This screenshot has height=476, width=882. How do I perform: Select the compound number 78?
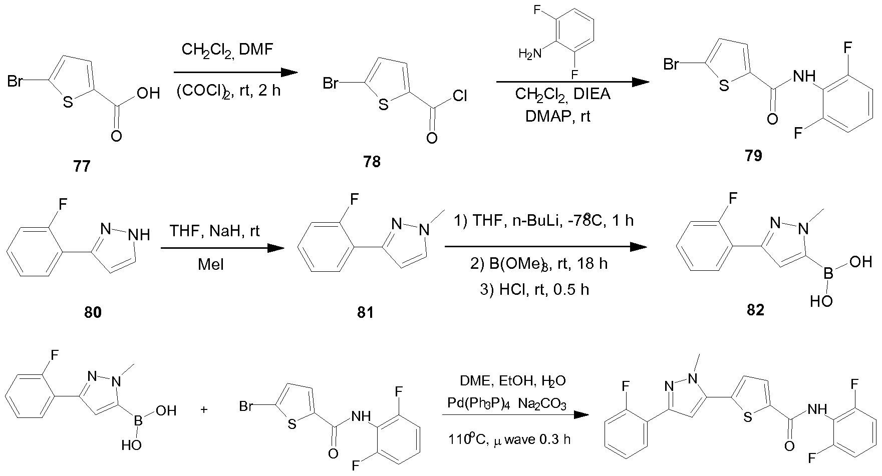pos(372,162)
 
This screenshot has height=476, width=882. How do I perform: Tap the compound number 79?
pos(753,156)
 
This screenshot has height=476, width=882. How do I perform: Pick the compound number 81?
pos(365,313)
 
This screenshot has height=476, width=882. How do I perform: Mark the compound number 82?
pos(755,310)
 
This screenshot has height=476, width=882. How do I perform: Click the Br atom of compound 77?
pos(15,81)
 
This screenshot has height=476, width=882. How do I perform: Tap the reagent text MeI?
pos(211,264)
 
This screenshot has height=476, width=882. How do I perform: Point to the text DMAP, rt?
pos(557,117)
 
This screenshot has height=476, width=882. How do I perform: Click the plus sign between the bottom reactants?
pos(204,409)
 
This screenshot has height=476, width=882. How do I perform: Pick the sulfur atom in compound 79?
pos(723,86)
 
